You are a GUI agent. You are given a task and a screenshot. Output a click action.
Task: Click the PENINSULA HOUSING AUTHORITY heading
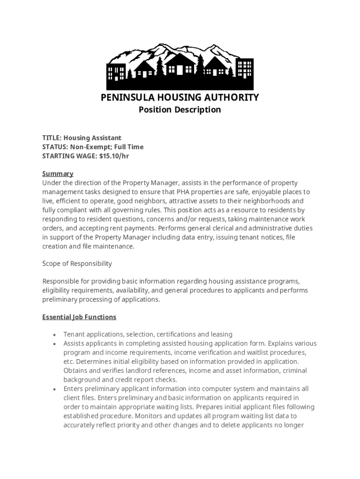(180, 97)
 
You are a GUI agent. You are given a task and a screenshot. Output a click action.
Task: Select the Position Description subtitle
(180, 110)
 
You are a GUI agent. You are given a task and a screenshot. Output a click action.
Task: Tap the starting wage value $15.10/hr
(114, 156)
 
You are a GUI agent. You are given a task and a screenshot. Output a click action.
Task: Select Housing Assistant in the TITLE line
(93, 138)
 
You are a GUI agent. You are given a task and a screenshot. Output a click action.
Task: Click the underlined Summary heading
(58, 174)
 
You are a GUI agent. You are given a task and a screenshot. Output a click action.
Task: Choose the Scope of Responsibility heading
(77, 263)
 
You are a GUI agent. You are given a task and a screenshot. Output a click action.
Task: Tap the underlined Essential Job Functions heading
(79, 317)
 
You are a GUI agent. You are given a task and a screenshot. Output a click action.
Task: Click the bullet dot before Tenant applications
(55, 335)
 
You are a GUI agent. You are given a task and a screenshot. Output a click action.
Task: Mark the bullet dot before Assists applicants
(55, 344)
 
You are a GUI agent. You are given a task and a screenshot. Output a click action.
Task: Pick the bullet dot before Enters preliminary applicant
(55, 389)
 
